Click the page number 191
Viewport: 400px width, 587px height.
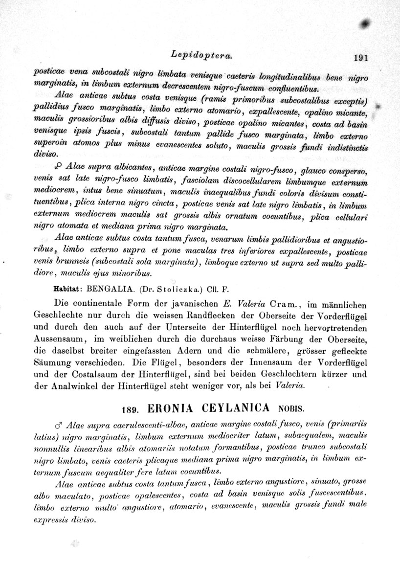(x=359, y=57)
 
